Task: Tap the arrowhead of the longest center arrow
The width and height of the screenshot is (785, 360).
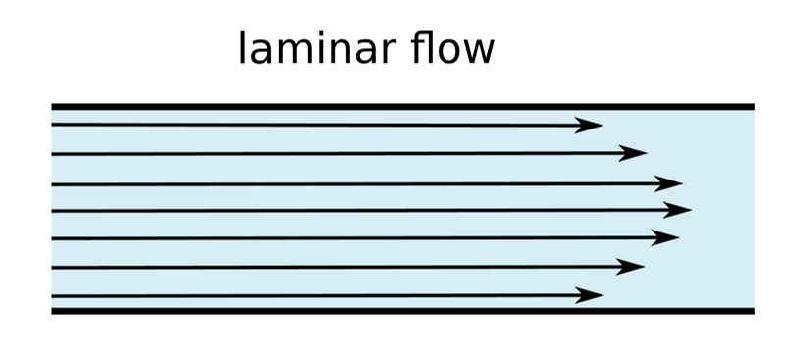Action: [680, 209]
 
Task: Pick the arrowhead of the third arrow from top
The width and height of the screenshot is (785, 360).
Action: [670, 182]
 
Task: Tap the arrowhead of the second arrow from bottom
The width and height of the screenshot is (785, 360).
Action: [632, 266]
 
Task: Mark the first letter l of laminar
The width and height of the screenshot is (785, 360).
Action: [243, 48]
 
